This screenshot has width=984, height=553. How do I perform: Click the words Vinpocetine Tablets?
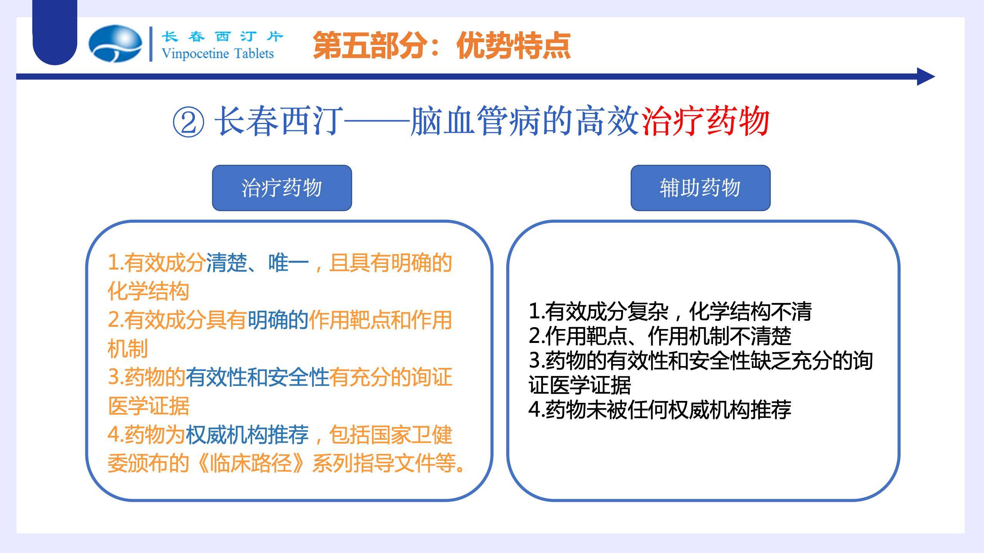pos(218,53)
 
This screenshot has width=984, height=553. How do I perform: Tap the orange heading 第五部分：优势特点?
pos(441,46)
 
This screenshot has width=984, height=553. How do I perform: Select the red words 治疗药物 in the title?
pos(705,121)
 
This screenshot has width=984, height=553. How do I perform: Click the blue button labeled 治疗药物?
pos(282,188)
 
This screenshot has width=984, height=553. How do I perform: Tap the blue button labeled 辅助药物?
pos(700,188)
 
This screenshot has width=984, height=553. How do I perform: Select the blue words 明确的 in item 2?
pos(278,320)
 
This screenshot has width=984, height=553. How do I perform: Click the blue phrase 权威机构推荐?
pos(247,434)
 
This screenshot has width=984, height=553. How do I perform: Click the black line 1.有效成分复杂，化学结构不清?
pos(670,311)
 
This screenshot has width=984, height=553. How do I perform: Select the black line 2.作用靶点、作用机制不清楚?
pos(660,336)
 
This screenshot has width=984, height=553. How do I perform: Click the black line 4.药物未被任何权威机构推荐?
pos(660,409)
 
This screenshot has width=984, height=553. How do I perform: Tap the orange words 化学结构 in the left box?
pos(148,291)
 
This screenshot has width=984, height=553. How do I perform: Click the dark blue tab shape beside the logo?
pos(55,33)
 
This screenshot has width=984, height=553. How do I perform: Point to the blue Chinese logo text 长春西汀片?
pos(222,36)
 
